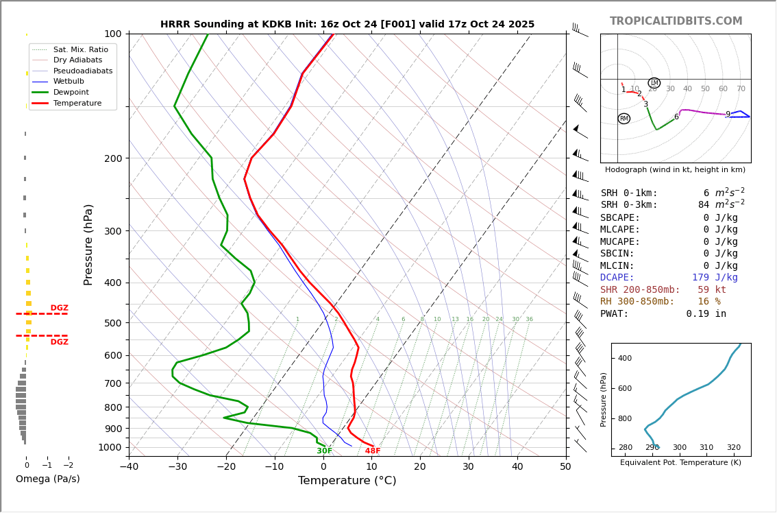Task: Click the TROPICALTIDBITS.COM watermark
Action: click(x=676, y=21)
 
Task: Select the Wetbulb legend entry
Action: click(x=69, y=81)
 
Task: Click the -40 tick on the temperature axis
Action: click(x=129, y=467)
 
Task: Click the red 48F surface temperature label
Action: click(x=372, y=451)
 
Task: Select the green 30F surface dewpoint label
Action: click(x=324, y=451)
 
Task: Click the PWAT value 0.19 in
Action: click(x=706, y=313)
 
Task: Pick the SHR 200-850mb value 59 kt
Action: click(x=711, y=289)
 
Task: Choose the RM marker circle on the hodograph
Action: click(x=624, y=119)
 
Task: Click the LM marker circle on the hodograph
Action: click(x=654, y=83)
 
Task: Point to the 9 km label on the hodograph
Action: click(x=728, y=115)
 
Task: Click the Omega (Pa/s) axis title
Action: click(x=47, y=479)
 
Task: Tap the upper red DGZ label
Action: click(x=59, y=308)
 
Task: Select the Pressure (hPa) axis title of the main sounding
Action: click(x=88, y=244)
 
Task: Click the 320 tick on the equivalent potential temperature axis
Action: click(x=733, y=466)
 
